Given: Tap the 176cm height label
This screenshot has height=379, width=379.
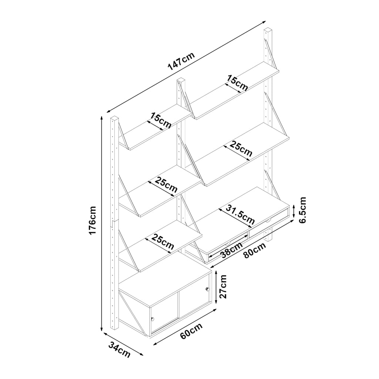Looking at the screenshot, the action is [93, 220].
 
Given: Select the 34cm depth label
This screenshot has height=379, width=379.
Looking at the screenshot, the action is [120, 350].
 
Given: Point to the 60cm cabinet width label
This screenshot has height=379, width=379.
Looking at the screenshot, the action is [191, 331].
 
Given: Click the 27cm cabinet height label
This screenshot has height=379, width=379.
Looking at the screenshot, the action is [222, 286].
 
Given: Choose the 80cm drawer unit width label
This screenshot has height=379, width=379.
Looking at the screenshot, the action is [255, 250].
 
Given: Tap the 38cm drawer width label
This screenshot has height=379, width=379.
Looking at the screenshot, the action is [232, 250].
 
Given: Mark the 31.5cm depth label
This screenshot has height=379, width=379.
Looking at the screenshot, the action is [240, 214].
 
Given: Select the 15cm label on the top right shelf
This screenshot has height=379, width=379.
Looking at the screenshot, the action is [237, 83].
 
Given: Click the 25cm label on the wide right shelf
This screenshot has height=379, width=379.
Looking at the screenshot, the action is [241, 149].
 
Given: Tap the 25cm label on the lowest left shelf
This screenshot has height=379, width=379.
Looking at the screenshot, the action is [162, 242].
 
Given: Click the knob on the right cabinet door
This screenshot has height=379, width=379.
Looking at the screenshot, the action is [207, 289].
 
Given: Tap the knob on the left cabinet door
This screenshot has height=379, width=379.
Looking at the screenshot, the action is [152, 319].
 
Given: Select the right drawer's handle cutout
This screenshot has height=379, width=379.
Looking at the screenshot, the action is [268, 221].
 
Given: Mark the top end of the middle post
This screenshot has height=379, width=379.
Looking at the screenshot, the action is [181, 80].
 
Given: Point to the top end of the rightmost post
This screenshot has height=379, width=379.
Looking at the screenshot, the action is [268, 30].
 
